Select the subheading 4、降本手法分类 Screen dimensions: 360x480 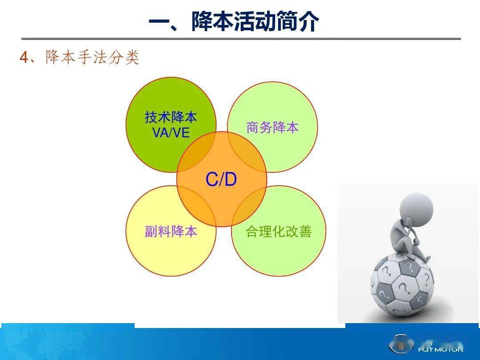tap(80, 58)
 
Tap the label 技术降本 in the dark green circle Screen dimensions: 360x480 tap(171, 117)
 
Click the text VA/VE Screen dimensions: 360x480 tap(171, 132)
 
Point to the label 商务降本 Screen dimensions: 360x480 tap(272, 128)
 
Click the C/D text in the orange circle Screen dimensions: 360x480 tap(221, 180)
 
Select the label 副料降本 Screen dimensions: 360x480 tap(171, 231)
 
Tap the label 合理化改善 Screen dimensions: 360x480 tap(279, 231)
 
